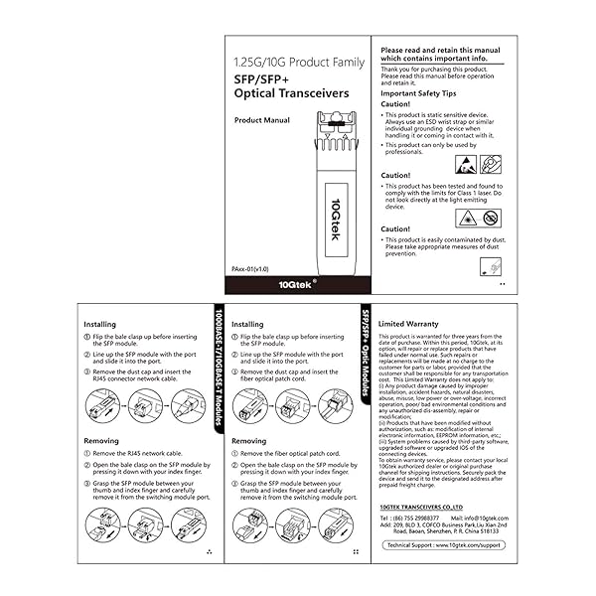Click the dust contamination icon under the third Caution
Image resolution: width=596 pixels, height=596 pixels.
click(x=490, y=266)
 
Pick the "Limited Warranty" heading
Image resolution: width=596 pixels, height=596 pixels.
click(x=409, y=324)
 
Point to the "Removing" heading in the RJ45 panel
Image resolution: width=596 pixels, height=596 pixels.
click(x=100, y=441)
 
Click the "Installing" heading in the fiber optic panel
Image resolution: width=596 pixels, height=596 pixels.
click(x=247, y=324)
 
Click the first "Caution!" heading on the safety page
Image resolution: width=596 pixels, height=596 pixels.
click(x=395, y=104)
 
